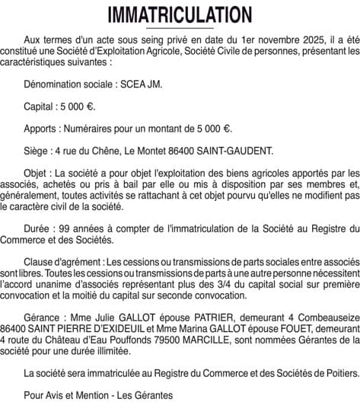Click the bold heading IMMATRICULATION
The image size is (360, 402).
coord(180,15)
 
